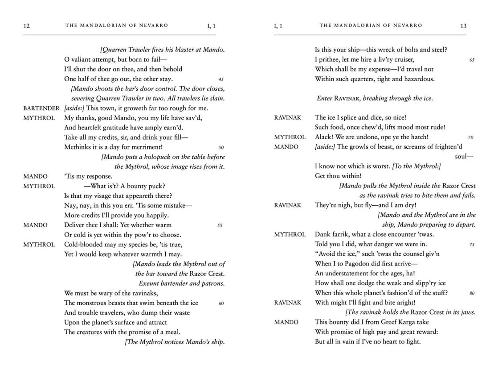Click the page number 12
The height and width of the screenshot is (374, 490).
point(26,26)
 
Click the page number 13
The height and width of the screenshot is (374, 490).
point(463,26)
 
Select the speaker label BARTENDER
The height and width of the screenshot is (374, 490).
point(41,108)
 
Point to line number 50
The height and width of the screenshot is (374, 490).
point(221,147)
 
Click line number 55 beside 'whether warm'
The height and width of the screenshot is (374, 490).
point(220,225)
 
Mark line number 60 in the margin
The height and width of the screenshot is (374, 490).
point(221,303)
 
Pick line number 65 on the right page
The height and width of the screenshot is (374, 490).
point(472,60)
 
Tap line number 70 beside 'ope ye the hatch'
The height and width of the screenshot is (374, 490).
point(471,137)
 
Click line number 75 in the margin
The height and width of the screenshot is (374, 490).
point(472,245)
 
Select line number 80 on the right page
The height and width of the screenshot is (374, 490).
point(472,293)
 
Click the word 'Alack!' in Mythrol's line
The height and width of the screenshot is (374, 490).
point(323,137)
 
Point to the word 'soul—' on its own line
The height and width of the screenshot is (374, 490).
point(464,157)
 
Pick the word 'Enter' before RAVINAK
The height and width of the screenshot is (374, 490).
point(324,98)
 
